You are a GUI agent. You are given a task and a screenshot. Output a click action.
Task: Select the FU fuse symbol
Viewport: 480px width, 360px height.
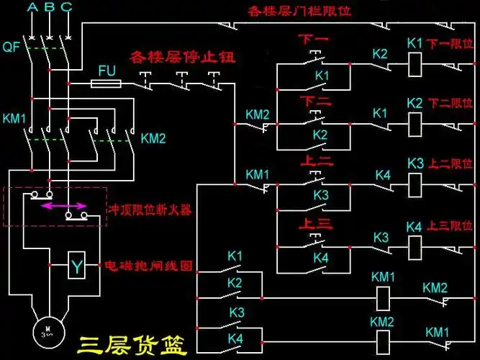tap(110, 84)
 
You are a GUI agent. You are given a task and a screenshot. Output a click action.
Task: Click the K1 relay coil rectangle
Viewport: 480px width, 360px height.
tap(414, 65)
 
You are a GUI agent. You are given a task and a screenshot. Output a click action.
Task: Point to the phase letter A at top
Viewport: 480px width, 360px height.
tap(32, 7)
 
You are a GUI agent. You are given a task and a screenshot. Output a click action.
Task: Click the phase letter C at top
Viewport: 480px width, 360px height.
tap(66, 7)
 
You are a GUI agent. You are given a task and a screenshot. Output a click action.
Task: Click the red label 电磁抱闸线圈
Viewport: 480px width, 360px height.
tap(149, 265)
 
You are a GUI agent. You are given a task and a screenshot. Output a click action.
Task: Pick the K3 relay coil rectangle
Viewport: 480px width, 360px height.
tap(414, 185)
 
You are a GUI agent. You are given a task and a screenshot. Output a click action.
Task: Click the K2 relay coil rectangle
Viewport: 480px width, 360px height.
tap(414, 124)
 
